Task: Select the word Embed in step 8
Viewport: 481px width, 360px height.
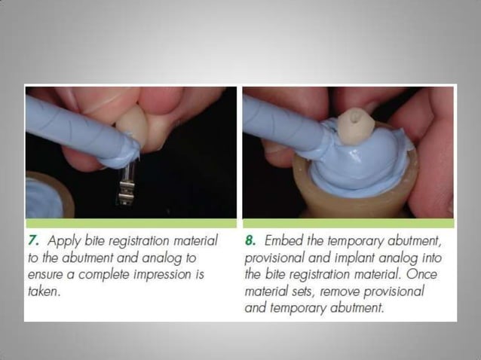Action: point(283,242)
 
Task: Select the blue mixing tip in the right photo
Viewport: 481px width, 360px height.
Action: point(283,128)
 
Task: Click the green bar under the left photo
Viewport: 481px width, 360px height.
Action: point(131,224)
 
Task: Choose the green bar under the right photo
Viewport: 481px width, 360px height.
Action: point(348,224)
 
